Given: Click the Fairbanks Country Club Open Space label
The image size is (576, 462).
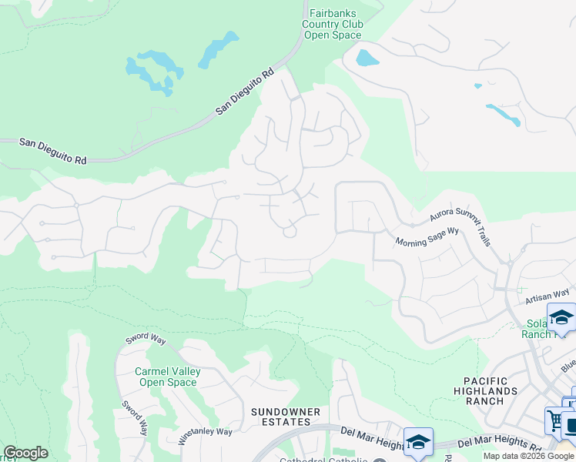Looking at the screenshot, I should [x=333, y=24].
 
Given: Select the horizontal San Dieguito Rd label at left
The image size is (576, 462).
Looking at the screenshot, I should [x=53, y=150].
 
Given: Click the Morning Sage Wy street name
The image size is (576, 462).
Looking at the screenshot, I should [x=427, y=236].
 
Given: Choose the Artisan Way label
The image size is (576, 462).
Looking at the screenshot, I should [x=547, y=293].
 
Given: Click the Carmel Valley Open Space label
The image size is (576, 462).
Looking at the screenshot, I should [x=168, y=377].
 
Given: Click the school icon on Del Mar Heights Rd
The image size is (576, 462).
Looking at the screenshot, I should [x=418, y=442].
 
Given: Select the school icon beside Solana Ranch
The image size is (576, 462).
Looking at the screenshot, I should [x=561, y=317].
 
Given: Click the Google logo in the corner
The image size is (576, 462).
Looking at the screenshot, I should [x=25, y=453].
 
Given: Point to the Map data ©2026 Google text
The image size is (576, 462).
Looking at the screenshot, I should [x=528, y=456].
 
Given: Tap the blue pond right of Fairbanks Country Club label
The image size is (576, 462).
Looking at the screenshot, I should [x=366, y=58].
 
